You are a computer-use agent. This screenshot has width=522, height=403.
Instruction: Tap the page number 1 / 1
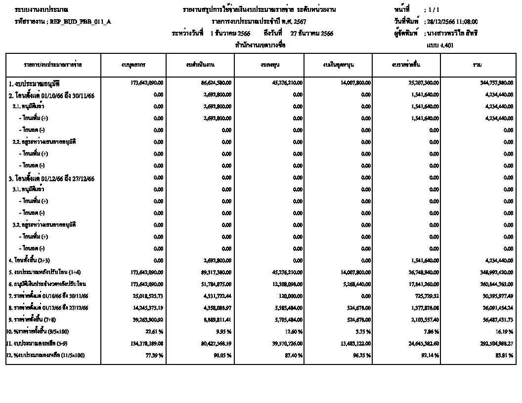click(x=434, y=10)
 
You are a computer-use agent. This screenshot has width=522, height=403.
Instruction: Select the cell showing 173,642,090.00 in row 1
click(x=147, y=82)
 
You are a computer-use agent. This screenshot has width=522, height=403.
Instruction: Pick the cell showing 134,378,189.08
click(x=147, y=343)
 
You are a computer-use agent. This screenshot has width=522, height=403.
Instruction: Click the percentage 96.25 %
click(x=362, y=355)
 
